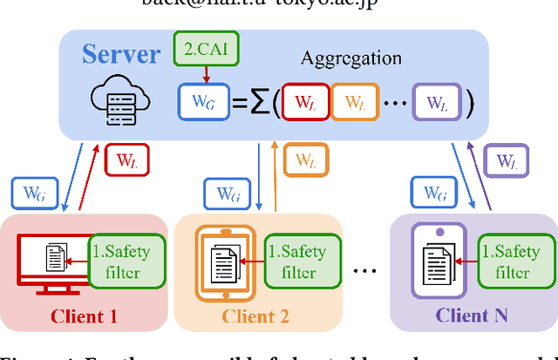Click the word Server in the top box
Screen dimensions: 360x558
[x=121, y=54]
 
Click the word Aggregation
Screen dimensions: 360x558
[x=350, y=58]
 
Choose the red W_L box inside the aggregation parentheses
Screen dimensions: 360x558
[x=303, y=103]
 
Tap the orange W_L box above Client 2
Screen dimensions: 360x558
[x=306, y=160]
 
